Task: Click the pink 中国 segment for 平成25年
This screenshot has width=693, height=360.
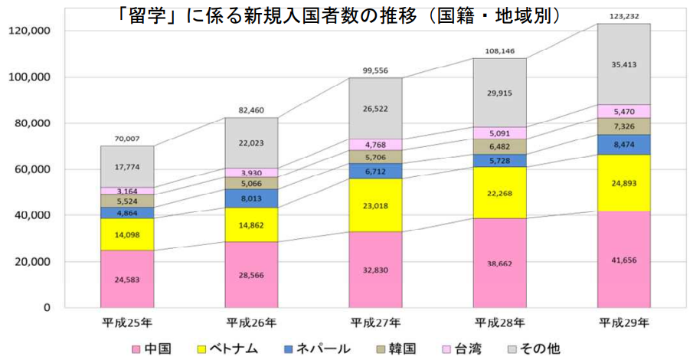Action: (x=127, y=278)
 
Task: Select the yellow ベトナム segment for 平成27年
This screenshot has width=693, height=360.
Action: (x=376, y=205)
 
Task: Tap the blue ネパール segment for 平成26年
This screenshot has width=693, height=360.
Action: (x=252, y=198)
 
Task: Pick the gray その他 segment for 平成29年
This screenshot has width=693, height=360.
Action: (x=623, y=64)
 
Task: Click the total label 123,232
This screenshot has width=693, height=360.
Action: (x=623, y=16)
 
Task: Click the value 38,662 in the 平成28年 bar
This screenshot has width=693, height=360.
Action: (x=500, y=262)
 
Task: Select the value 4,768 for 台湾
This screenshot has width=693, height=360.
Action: (x=376, y=145)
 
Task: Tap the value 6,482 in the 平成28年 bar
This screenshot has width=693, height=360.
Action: (x=500, y=146)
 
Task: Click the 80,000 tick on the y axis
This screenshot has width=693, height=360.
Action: (x=28, y=123)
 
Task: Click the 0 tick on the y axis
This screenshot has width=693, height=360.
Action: (x=46, y=308)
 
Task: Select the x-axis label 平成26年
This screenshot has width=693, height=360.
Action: (x=252, y=321)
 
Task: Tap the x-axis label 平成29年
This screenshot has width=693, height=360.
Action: (x=623, y=321)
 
